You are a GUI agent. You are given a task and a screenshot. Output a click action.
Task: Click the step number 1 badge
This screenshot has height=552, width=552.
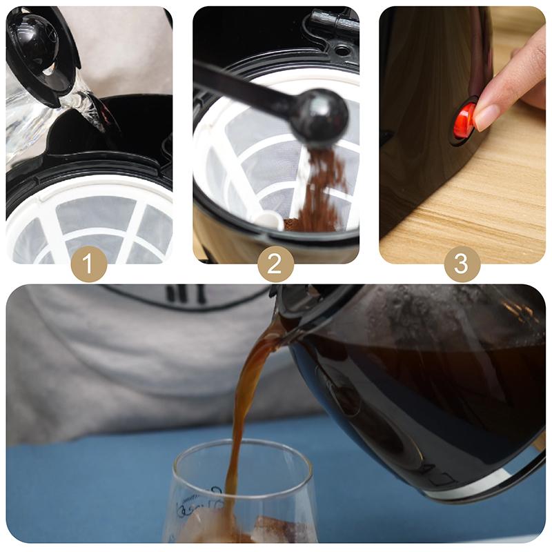88,264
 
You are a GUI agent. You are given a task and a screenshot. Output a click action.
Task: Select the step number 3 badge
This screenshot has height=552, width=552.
462,264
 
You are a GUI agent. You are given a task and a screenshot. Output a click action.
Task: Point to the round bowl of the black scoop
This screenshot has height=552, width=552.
319,117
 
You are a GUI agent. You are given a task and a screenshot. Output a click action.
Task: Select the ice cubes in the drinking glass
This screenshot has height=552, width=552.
214,528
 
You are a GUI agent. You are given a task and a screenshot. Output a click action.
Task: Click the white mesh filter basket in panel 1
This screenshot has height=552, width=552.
90,221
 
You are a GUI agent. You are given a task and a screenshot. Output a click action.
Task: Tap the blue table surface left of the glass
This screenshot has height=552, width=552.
83,483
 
